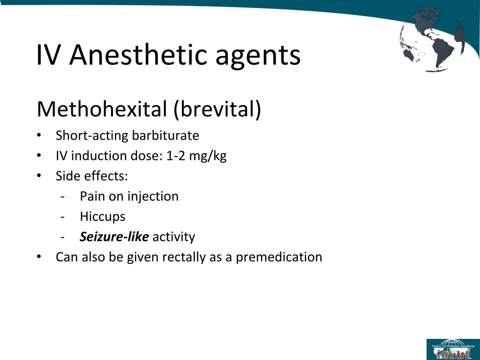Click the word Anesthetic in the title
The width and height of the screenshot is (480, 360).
tap(138, 55)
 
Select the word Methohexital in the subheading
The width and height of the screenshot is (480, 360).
tap(101, 110)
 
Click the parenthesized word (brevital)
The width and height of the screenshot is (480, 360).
tap(217, 110)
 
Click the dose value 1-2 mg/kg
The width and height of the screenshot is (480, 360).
tap(196, 156)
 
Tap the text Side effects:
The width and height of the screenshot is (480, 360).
tap(92, 176)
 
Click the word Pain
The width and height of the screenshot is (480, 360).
tap(92, 196)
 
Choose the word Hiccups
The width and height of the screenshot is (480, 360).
tap(103, 217)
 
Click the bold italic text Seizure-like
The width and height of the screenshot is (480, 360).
tap(114, 237)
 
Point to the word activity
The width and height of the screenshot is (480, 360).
tap(173, 237)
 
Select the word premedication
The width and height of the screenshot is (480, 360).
tap(279, 257)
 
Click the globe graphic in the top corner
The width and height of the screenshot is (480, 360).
tap(432, 39)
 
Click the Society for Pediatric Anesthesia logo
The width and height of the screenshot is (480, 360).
tap(453, 349)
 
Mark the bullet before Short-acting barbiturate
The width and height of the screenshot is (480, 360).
tap(39, 136)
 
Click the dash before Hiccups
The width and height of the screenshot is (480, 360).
tap(63, 217)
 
